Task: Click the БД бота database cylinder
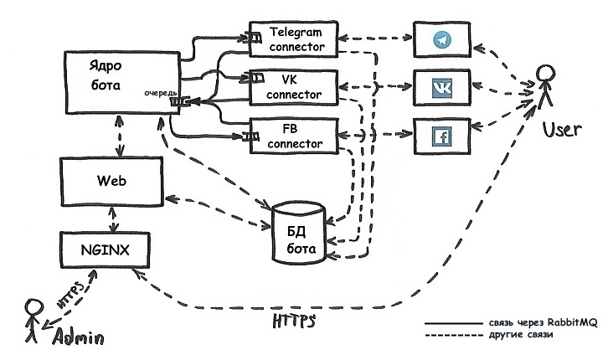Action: (298, 234)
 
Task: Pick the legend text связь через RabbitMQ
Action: (536, 322)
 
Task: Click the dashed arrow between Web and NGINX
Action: (111, 219)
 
